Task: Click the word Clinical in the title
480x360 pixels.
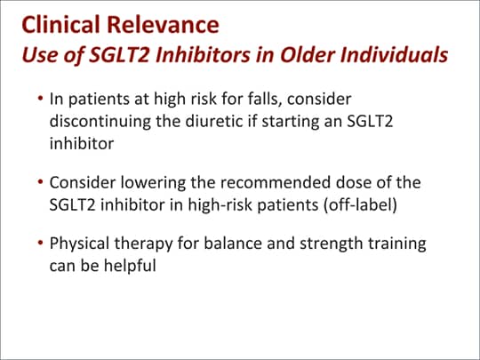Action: tap(60, 25)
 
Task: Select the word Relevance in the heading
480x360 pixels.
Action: tap(163, 25)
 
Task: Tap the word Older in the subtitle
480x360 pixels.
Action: tap(307, 54)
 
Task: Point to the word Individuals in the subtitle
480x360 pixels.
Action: tap(394, 54)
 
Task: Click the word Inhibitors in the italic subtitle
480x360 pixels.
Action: tap(203, 54)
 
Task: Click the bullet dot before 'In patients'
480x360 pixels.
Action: tap(40, 99)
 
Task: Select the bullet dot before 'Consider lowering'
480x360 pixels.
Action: tap(40, 182)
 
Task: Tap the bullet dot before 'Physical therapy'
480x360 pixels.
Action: tap(40, 243)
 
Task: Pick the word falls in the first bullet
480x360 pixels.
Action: tap(265, 100)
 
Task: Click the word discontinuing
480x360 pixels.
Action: tap(100, 121)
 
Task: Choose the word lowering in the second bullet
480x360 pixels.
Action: tap(153, 183)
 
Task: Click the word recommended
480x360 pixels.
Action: tap(276, 182)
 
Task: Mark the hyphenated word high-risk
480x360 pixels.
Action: tap(220, 204)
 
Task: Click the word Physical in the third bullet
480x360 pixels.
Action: tap(79, 244)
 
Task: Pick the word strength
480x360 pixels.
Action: tap(331, 244)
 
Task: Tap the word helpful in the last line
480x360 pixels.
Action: tap(130, 266)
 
